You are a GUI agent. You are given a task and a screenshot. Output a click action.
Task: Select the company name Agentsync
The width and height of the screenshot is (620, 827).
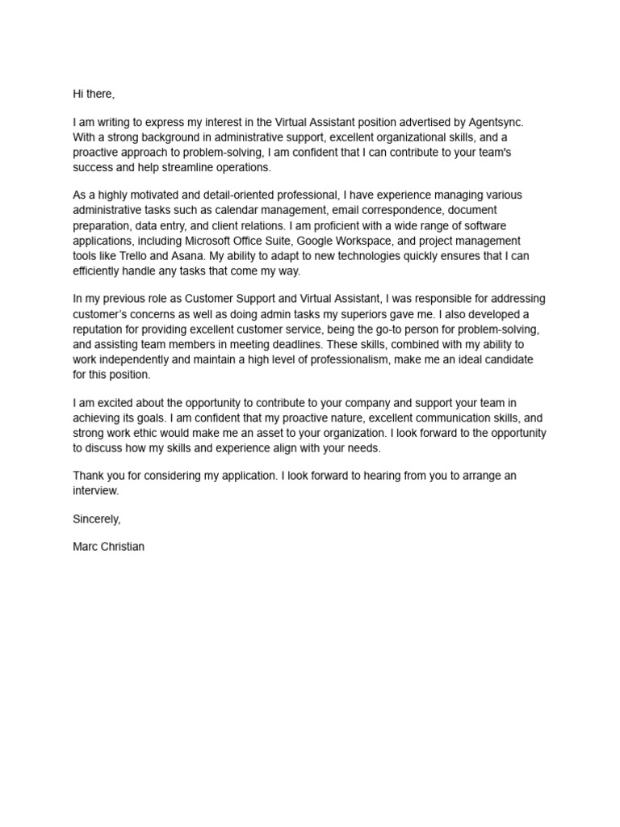coord(496,122)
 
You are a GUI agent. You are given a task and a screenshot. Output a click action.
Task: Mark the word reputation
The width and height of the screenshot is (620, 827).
coord(101,330)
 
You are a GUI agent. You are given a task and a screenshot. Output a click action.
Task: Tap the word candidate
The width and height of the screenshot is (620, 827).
coord(511,360)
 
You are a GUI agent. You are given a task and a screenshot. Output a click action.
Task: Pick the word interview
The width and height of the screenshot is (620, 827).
coord(95,490)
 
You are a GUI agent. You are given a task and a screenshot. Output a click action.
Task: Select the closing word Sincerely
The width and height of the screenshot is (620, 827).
coord(96,518)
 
